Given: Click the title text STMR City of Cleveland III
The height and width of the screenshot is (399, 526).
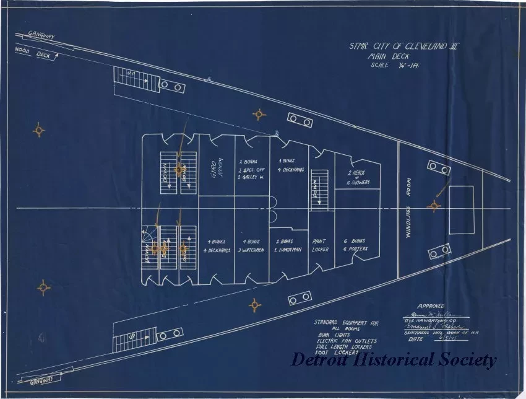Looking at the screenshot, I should pos(403,46).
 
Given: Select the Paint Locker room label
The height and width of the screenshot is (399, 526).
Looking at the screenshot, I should pos(321,245).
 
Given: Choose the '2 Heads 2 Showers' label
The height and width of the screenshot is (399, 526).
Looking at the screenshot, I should pos(358,177).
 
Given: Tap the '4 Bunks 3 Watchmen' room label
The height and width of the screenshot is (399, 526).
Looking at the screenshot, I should pos(252,245).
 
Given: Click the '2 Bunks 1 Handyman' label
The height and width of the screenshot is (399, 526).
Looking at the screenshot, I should pos(288,245).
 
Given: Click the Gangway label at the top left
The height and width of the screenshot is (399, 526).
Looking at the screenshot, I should pos(41,36).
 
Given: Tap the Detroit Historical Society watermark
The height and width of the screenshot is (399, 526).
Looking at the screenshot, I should pos(394,359).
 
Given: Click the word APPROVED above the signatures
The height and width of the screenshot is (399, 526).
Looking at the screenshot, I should pos(431,306).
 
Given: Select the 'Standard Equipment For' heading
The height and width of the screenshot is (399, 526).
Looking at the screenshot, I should pos(346,322).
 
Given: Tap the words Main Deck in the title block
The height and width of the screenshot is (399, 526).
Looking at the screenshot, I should pos(392,56).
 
